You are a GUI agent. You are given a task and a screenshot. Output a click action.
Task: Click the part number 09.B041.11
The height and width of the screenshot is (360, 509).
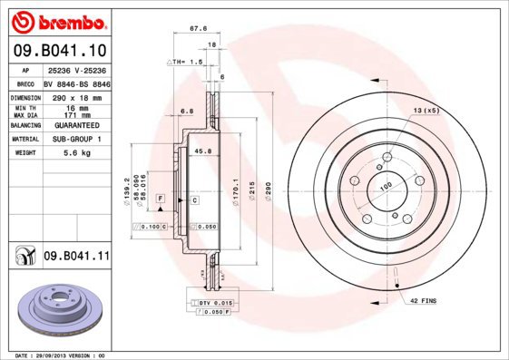pos(77,257)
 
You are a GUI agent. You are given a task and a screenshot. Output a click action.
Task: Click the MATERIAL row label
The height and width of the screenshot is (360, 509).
pos(24,140)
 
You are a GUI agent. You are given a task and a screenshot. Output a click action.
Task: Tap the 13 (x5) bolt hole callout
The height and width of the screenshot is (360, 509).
pos(426,110)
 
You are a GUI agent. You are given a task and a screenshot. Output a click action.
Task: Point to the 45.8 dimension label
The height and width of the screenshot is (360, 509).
pos(203,151)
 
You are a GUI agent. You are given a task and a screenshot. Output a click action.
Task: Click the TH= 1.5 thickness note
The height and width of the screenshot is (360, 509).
pos(187,61)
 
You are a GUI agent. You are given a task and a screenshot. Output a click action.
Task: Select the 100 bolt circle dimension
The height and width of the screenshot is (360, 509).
pos(385,186)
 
